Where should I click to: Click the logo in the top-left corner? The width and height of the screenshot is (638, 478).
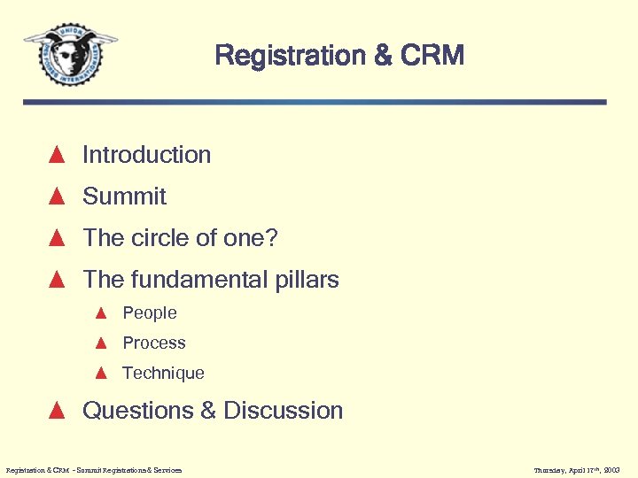70,52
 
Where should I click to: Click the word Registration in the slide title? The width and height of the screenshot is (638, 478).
290,56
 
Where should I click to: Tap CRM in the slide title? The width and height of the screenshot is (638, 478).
432,56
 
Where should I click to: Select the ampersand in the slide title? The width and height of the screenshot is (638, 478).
382,56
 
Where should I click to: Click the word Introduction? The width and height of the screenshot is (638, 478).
146,155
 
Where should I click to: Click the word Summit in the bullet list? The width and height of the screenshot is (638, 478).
124,197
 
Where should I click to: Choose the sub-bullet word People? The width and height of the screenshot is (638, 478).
150,313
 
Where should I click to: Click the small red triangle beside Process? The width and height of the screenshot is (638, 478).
101,343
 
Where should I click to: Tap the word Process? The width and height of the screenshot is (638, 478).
154,343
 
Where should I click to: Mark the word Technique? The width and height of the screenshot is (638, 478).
163,374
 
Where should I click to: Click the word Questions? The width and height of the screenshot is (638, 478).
136,411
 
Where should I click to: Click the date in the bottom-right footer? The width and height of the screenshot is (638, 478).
577,470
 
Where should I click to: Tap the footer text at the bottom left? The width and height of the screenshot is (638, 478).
93,470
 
